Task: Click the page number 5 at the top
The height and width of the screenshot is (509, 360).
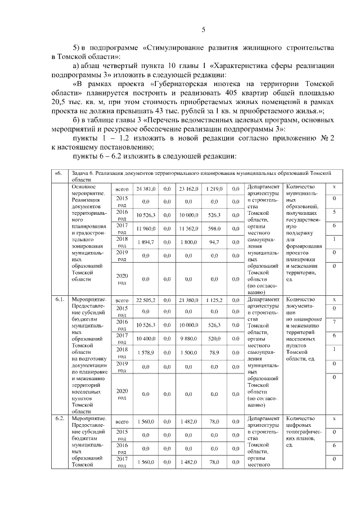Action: click(204, 30)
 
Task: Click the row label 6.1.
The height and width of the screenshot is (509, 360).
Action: click(60, 299)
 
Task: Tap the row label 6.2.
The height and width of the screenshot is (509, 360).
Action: click(60, 420)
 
